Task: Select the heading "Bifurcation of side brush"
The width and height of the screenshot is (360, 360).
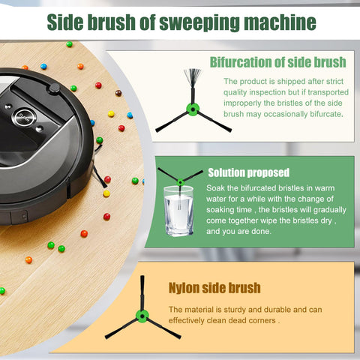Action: pyautogui.click(x=277, y=61)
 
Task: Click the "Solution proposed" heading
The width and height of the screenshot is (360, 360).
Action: pyautogui.click(x=247, y=172)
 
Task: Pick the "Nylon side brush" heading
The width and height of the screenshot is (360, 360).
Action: pyautogui.click(x=214, y=287)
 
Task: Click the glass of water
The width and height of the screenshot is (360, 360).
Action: pyautogui.click(x=178, y=211)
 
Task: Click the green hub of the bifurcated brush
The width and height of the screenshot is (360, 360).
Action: pyautogui.click(x=192, y=110)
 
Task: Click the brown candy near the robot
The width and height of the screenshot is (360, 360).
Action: pyautogui.click(x=118, y=93)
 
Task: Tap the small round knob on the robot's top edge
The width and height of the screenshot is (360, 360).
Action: pyautogui.click(x=54, y=88)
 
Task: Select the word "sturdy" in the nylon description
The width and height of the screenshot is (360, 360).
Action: pyautogui.click(x=237, y=309)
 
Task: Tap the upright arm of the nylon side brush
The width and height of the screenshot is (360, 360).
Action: pyautogui.click(x=142, y=292)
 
